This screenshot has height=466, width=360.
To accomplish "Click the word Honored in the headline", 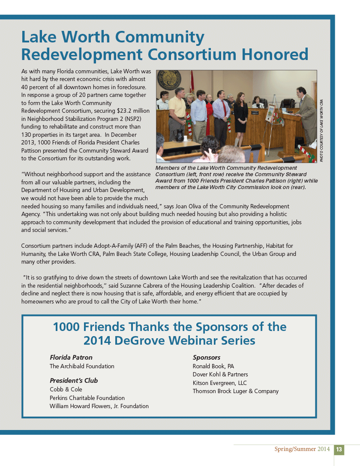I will pyautogui.click(x=274, y=54).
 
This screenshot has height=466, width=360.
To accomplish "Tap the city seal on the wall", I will pyautogui.click(x=169, y=80).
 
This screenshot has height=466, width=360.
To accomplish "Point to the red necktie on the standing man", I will pyautogui.click(x=224, y=109).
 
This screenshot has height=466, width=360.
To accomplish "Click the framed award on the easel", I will pyautogui.click(x=270, y=114).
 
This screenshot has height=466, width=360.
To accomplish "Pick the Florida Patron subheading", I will pyautogui.click(x=71, y=357).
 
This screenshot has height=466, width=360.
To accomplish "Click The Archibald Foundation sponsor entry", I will pyautogui.click(x=82, y=366).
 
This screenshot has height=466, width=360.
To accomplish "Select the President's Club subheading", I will pyautogui.click(x=74, y=380).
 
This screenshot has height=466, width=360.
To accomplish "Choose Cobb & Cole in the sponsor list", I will pyautogui.click(x=66, y=389).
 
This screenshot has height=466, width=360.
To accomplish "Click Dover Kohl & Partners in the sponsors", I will pyautogui.click(x=220, y=374).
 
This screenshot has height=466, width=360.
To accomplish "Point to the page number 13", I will pyautogui.click(x=339, y=449).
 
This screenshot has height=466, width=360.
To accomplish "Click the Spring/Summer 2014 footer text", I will pyautogui.click(x=302, y=449).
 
